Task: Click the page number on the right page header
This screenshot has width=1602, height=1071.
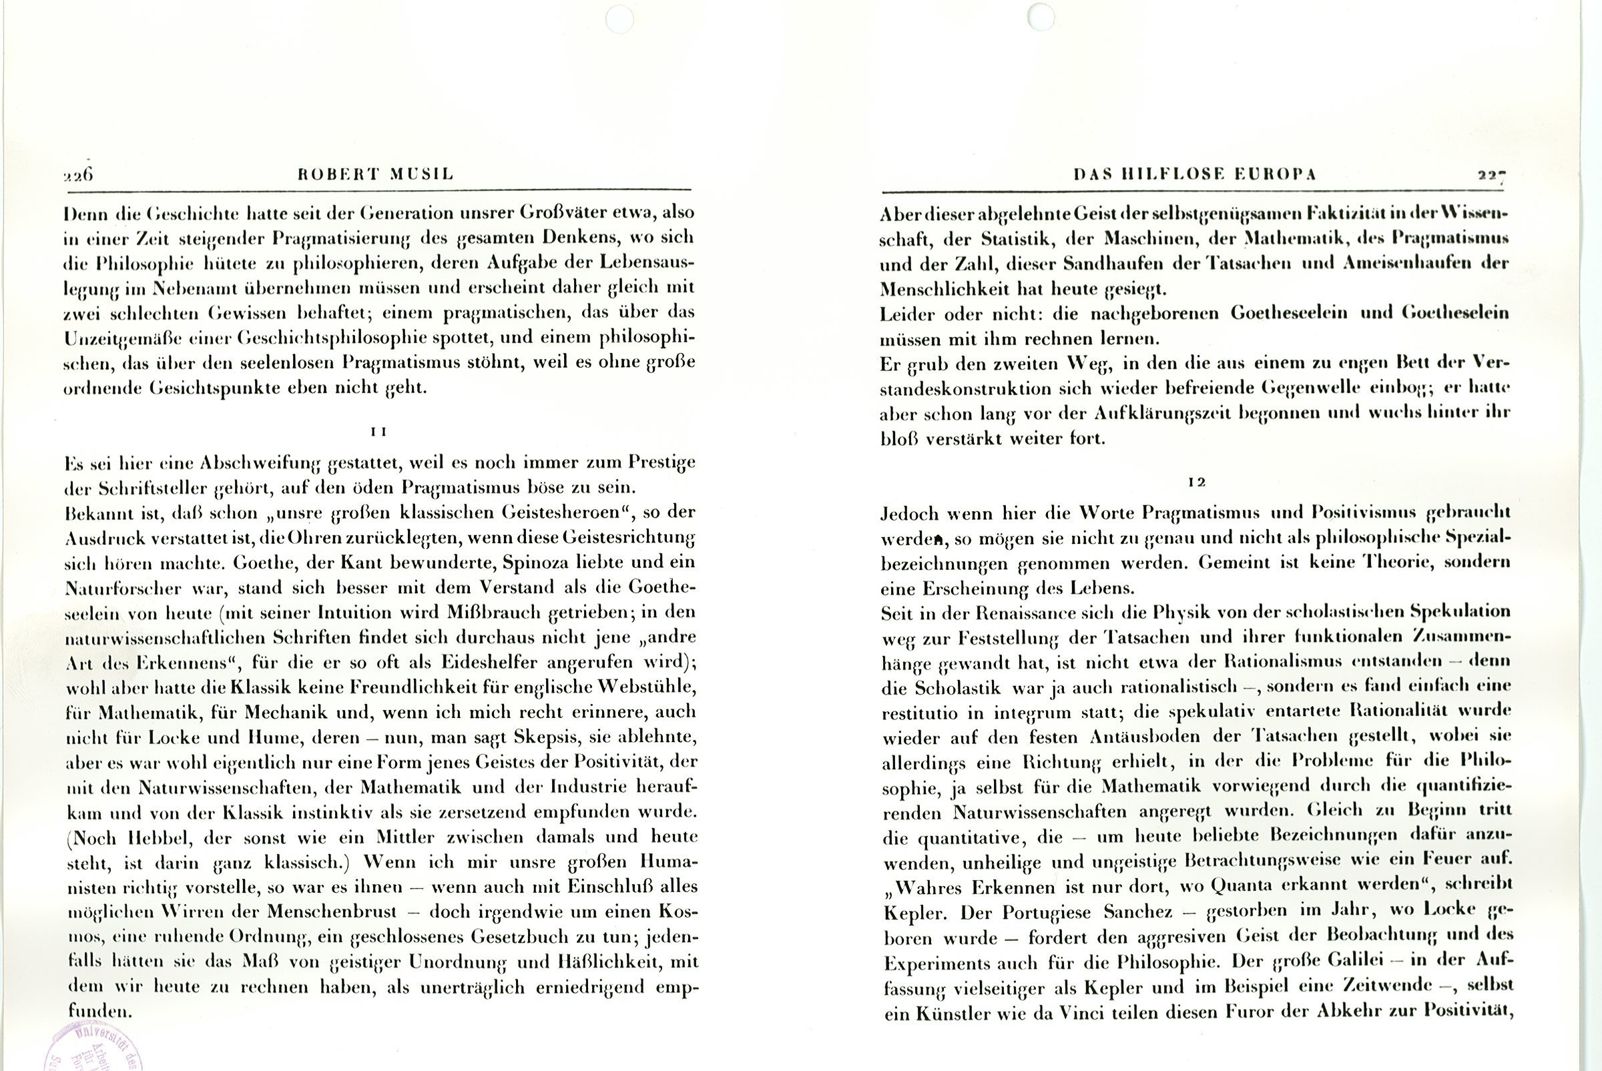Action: pyautogui.click(x=1492, y=175)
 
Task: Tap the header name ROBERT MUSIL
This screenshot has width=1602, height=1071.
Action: pyautogui.click(x=376, y=174)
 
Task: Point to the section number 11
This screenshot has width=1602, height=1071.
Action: pyautogui.click(x=378, y=432)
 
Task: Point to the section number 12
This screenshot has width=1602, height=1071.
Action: pyautogui.click(x=1196, y=482)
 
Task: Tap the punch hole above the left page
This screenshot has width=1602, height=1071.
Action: pyautogui.click(x=619, y=19)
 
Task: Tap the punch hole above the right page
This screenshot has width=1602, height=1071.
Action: pyautogui.click(x=1041, y=17)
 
